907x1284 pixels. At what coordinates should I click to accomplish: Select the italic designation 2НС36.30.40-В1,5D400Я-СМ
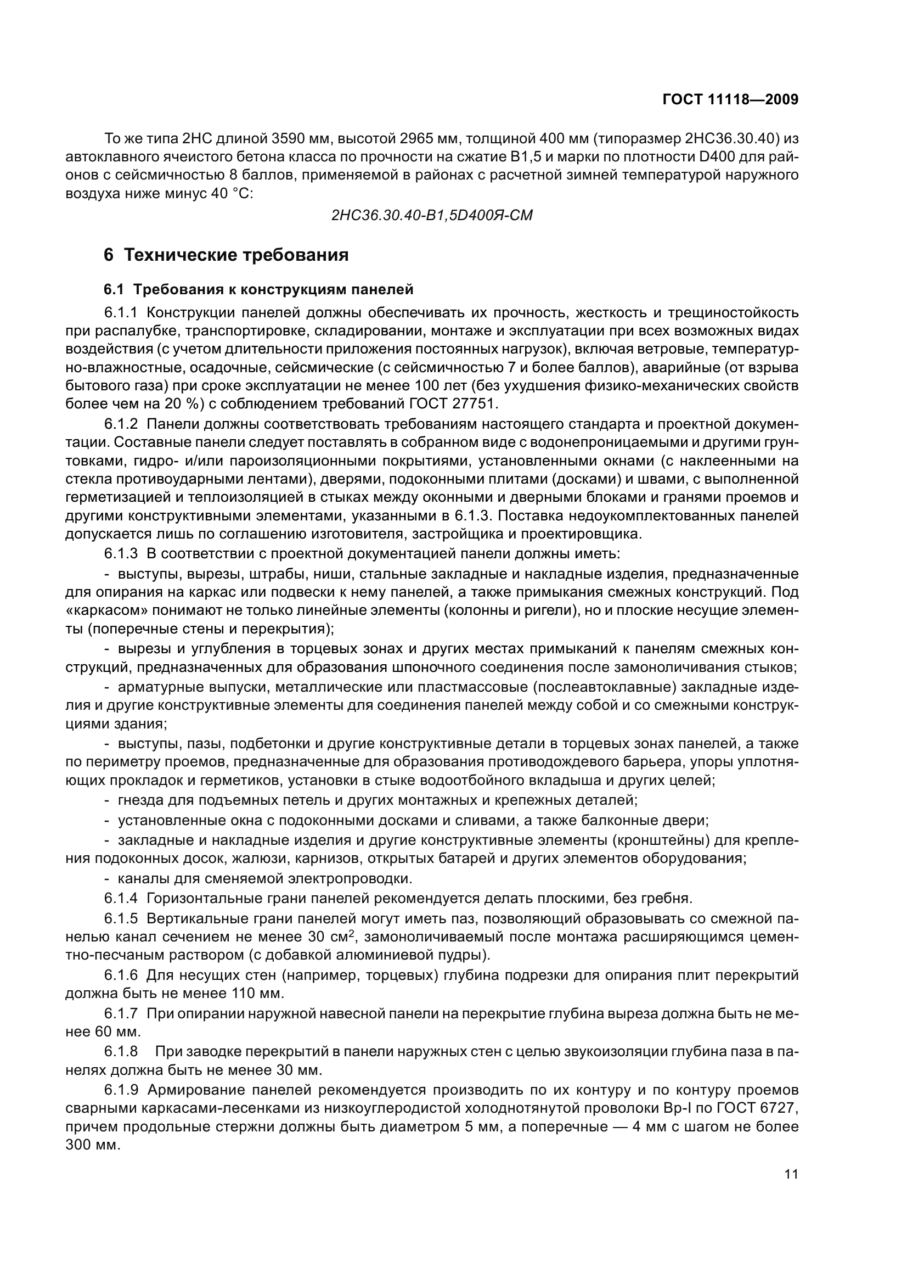431,215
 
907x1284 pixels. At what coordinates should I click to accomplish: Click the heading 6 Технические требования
226,255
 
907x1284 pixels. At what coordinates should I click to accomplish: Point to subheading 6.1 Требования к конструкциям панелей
258,290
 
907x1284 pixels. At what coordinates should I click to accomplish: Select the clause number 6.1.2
121,423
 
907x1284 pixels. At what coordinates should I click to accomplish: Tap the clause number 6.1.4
121,899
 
